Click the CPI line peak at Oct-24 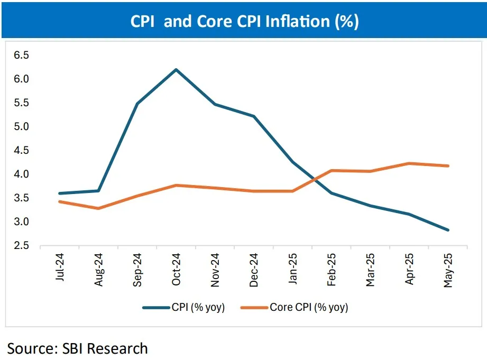176,69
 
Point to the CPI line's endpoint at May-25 448,230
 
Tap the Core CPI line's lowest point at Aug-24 98,208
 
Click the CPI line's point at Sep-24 137,104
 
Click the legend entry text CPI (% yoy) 198,308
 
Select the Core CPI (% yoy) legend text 309,308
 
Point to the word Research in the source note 117,348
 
